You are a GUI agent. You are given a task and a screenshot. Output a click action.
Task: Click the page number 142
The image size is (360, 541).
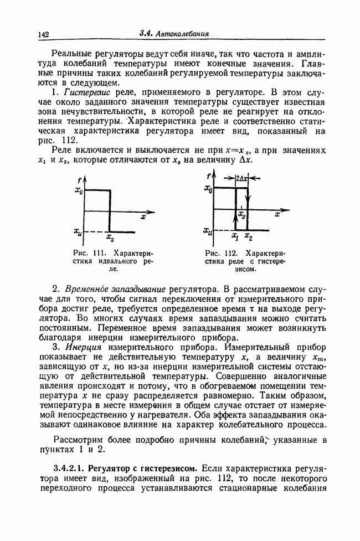[44, 35]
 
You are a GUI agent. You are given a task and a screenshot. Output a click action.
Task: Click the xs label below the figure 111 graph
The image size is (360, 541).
[110, 239]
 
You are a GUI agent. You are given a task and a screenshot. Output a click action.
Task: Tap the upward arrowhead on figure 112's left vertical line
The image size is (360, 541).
[236, 217]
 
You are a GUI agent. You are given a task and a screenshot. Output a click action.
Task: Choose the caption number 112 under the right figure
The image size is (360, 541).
[230, 253]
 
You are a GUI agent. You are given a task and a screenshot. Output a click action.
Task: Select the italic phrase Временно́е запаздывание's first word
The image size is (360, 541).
[86, 288]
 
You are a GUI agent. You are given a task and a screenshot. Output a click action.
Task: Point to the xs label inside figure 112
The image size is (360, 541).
[243, 213]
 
